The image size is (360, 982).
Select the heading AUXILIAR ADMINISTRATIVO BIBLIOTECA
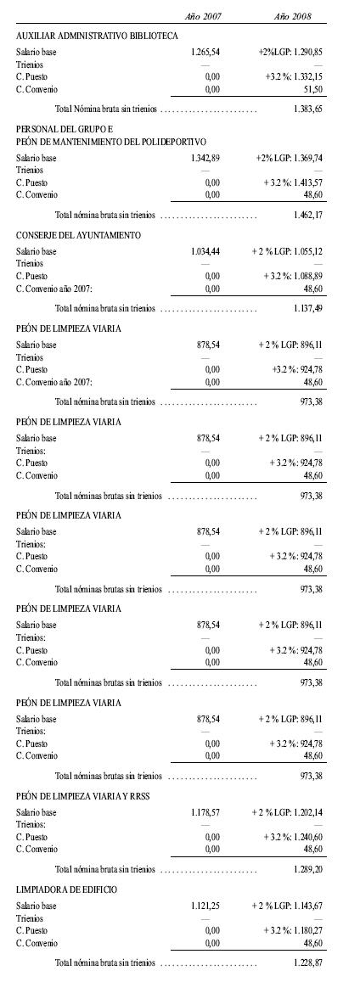pos(97,36)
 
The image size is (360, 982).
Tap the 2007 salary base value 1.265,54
pos(206,52)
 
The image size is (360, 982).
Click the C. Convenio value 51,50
pos(312,87)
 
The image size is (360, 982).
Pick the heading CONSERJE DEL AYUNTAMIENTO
pos(78,234)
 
